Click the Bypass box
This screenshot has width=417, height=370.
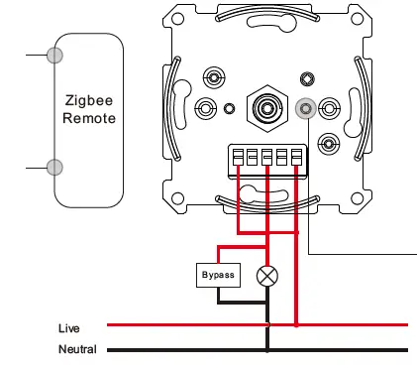218,275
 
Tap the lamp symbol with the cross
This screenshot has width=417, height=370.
267,276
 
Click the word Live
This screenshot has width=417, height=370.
69,328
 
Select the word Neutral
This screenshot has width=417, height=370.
77,349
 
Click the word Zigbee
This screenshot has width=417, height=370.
89,101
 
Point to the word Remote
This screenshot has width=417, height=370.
89,118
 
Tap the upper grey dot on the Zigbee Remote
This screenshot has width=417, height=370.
54,55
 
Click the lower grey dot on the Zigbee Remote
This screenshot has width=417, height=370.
54,167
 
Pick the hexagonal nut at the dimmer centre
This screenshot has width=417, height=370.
267,108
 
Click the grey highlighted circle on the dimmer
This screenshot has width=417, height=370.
306,108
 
